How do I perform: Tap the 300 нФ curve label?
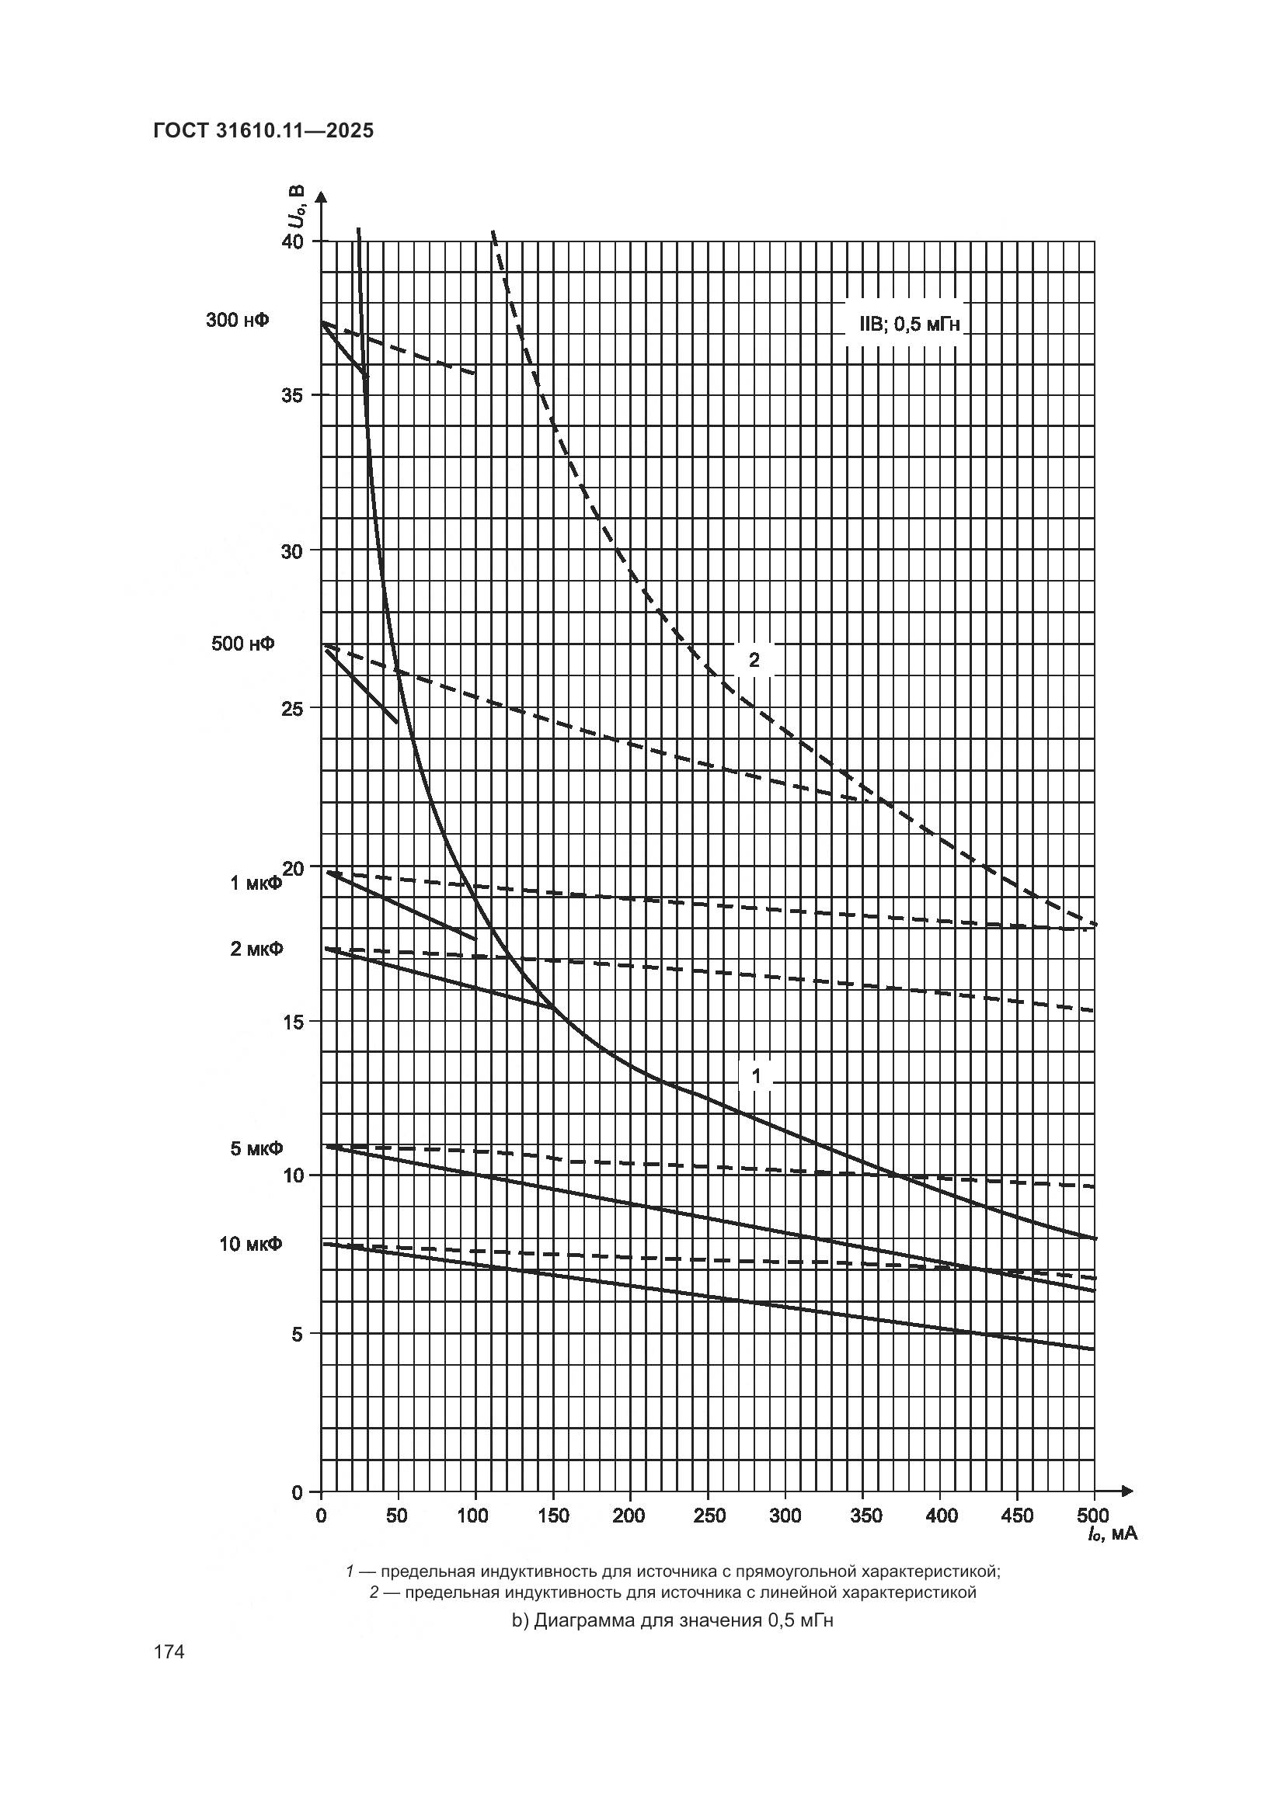coord(237,321)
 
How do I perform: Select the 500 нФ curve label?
coord(243,644)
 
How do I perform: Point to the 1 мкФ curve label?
coord(256,883)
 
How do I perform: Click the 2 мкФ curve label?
coord(256,948)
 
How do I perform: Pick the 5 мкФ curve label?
coord(256,1148)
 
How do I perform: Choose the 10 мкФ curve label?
coord(251,1244)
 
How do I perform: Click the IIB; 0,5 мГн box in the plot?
coord(904,325)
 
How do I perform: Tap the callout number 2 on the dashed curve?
coord(754,660)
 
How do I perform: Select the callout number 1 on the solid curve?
coord(756,1076)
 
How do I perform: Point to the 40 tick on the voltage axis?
coord(294,241)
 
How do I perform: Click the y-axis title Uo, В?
coord(295,206)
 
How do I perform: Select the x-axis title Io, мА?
coord(1112,1535)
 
